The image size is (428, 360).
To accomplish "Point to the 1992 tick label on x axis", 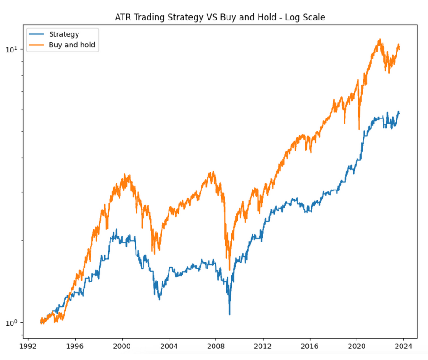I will [28, 346].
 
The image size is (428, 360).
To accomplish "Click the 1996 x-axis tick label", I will [75, 346].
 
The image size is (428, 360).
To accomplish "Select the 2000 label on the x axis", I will [122, 346].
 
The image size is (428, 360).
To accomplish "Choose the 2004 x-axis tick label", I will [169, 346].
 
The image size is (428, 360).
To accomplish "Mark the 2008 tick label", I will [216, 346].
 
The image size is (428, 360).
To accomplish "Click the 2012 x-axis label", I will [263, 346].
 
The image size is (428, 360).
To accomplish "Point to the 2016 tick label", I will [310, 346].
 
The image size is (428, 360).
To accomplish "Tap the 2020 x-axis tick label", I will [357, 346].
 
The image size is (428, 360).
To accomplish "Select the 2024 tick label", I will [403, 346].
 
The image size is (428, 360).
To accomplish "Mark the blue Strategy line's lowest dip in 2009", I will [229, 314].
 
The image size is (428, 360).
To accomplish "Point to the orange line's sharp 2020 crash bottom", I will [359, 129].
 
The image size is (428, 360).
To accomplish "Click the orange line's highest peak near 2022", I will [380, 39].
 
